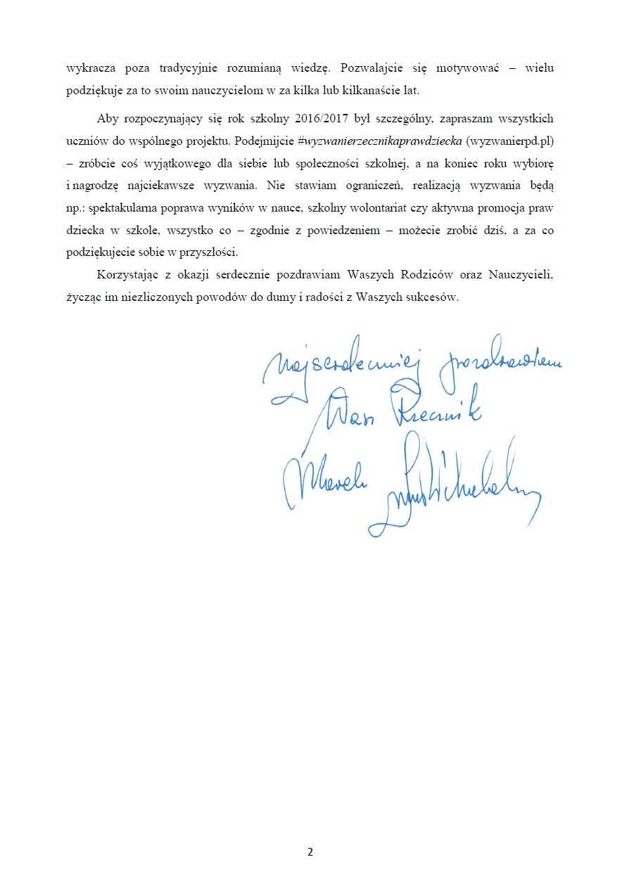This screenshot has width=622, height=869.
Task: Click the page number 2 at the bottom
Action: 310,852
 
